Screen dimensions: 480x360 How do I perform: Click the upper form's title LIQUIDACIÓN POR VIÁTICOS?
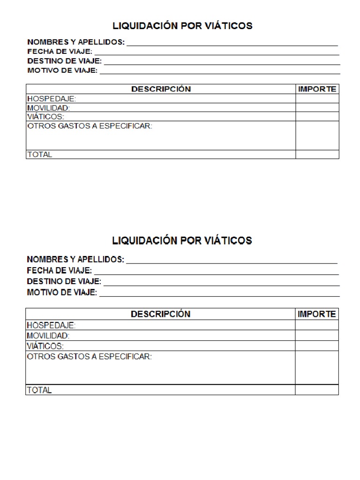182,26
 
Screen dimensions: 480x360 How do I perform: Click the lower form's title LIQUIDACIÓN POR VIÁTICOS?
182,240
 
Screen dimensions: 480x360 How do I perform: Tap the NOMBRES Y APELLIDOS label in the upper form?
76,42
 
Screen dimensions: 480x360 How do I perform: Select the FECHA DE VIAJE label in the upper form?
60,52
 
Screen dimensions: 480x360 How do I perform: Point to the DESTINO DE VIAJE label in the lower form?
64,282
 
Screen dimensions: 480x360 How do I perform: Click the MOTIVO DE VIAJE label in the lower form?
62,292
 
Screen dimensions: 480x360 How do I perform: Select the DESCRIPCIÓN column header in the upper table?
161,89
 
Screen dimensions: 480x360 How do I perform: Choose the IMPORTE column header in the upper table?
317,89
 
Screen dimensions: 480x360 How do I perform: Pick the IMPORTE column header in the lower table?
317,314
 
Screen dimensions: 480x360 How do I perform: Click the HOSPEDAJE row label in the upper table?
52,99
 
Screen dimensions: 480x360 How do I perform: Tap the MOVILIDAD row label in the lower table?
48,336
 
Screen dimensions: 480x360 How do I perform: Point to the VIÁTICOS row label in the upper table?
45,117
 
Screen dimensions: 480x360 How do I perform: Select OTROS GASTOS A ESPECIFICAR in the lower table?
89,357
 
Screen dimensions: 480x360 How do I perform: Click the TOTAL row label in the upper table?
40,154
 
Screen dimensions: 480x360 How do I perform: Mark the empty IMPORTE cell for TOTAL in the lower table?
316,390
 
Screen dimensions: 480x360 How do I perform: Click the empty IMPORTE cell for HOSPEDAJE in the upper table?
317,98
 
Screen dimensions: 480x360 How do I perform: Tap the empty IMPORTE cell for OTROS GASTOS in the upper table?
317,135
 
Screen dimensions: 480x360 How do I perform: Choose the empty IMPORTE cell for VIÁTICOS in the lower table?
316,346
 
